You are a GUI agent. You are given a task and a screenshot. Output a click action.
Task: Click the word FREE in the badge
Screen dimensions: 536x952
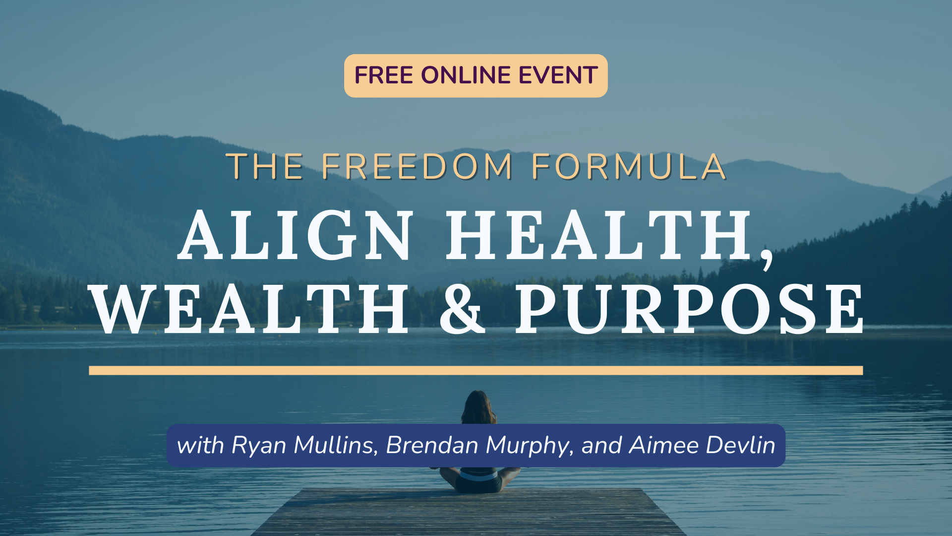coord(383,75)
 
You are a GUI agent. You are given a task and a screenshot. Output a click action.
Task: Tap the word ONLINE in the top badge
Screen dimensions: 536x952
coord(466,75)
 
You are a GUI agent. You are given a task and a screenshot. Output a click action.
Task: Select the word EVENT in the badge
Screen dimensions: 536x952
coord(558,75)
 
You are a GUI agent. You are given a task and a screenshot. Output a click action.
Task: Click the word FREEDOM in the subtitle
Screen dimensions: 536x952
coord(417,166)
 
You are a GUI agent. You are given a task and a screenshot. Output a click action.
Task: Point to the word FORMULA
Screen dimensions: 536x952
coord(629,166)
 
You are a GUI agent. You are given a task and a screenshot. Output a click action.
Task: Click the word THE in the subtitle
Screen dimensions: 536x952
coord(265,166)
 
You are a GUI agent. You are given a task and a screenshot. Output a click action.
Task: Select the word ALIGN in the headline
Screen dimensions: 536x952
coord(296,235)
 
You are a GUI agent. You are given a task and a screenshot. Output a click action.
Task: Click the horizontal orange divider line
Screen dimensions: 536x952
coord(476,370)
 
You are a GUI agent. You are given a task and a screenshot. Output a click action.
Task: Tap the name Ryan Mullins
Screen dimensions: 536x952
coord(302,445)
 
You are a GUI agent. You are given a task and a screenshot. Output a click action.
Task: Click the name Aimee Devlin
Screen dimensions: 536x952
coord(702,445)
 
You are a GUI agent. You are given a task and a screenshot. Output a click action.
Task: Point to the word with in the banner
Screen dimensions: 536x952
coord(200,445)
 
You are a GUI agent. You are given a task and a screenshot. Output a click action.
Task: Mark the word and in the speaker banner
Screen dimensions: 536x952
coord(601,445)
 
